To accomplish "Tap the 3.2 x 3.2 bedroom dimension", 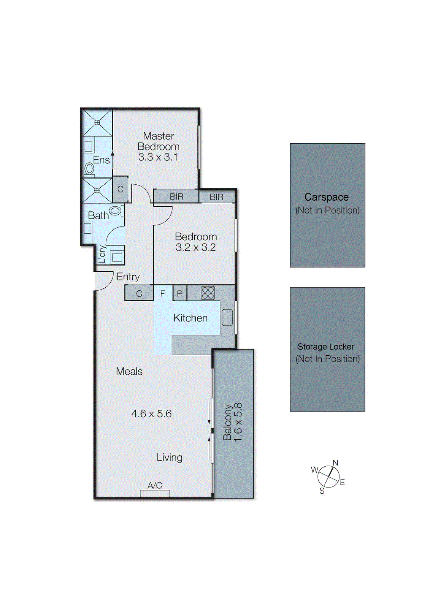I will [195, 247].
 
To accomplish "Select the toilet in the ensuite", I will [89, 168].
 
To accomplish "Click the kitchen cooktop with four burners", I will [208, 293].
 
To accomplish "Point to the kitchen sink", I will [227, 318].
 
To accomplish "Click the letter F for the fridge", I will [162, 294].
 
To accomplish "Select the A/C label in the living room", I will [155, 485].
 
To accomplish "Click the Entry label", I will [128, 277].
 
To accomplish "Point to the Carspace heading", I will [327, 197].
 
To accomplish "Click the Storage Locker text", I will [326, 347].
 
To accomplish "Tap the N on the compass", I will [335, 462].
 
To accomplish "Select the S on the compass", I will [322, 491].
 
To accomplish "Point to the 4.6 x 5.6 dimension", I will [151, 413].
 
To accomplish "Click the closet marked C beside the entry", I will [139, 294].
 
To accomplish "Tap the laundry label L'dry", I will [102, 254].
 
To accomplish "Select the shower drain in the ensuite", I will [97, 122].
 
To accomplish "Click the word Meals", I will [129, 371].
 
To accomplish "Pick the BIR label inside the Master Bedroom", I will [176, 196].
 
